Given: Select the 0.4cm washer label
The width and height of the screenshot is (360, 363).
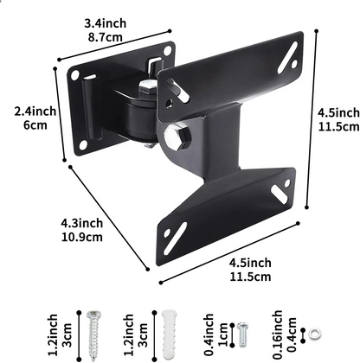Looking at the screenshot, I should (290, 329).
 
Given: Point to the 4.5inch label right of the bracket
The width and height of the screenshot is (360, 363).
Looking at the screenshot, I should (337, 113).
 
